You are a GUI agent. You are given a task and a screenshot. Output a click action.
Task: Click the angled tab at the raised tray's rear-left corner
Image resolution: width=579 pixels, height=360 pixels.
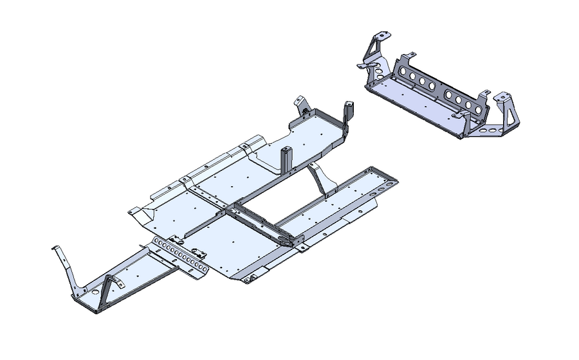point(299,103)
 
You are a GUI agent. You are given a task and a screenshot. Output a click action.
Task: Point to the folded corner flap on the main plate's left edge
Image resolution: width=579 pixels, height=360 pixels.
point(135,211)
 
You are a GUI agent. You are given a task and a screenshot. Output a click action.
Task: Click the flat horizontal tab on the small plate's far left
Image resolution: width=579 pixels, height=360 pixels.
point(364,66)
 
